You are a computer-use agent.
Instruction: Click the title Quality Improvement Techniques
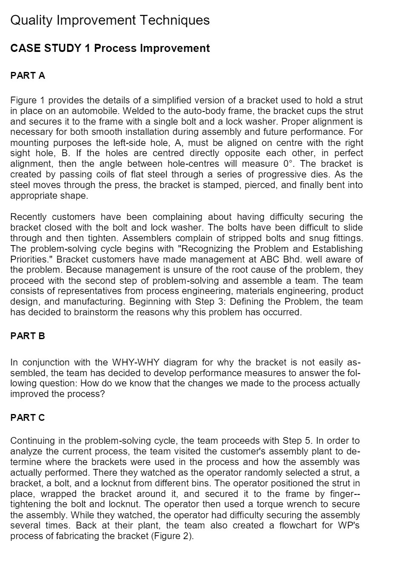[x=109, y=20]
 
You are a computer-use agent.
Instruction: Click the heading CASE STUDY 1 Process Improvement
[x=109, y=48]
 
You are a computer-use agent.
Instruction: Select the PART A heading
[x=27, y=75]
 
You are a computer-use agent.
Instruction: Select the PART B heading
[x=27, y=336]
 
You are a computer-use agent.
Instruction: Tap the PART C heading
[x=27, y=417]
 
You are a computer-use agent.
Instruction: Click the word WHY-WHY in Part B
[x=135, y=363]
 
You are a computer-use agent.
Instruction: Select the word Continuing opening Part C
[x=32, y=440]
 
